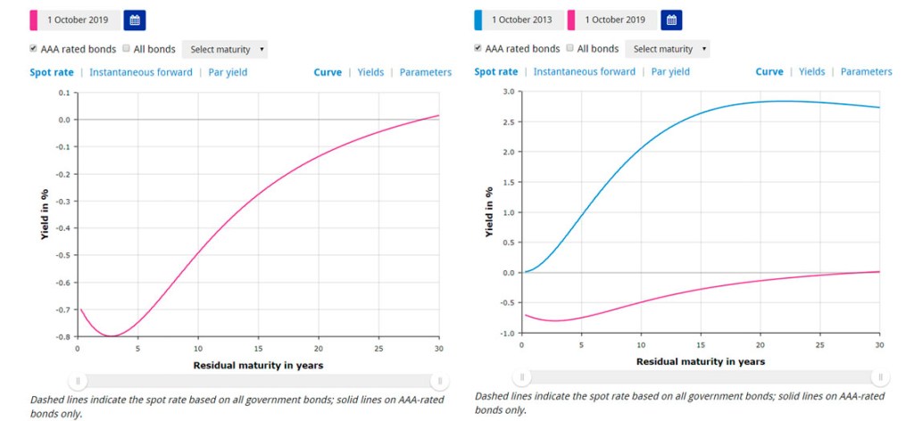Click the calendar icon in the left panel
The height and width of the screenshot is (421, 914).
click(134, 20)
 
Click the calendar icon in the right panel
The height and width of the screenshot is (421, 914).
click(670, 20)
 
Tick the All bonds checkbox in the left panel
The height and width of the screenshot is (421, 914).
click(126, 48)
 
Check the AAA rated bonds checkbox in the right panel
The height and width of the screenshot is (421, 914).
click(480, 48)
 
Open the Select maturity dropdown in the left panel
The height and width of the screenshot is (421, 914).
click(224, 49)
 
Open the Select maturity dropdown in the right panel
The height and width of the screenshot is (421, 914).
click(668, 49)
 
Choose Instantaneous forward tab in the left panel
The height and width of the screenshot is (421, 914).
click(138, 72)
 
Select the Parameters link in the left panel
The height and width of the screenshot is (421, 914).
click(426, 72)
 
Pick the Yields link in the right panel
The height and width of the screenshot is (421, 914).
click(811, 72)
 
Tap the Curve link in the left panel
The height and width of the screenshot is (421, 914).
click(328, 72)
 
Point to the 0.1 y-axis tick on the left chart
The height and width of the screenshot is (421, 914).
click(63, 93)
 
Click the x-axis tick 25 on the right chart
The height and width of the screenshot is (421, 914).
click(819, 345)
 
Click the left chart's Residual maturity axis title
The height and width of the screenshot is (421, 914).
click(258, 365)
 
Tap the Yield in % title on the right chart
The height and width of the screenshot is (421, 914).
click(489, 211)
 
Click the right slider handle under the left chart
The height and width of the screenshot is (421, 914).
click(438, 381)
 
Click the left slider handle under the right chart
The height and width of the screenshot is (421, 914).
click(524, 377)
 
